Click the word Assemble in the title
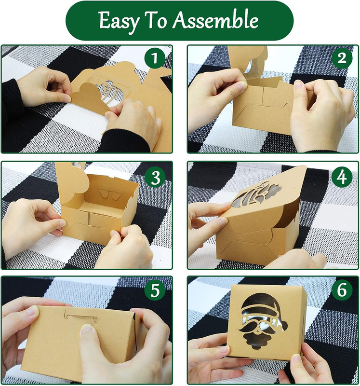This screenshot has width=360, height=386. click(215, 20)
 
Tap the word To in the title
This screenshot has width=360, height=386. click(155, 20)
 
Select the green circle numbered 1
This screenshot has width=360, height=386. click(154, 58)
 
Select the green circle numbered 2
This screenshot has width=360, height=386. click(342, 58)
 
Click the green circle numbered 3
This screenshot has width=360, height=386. click(155, 177)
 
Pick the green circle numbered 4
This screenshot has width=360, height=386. click(342, 177)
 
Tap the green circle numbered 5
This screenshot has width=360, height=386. click(155, 290)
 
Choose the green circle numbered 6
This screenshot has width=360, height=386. click(342, 290)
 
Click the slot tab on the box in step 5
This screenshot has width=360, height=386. click(81, 316)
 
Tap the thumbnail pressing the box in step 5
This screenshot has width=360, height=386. click(86, 329)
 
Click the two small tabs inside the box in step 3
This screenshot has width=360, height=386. click(110, 194)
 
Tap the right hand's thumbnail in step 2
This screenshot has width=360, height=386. click(298, 85)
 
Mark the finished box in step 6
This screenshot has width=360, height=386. click(267, 322)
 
